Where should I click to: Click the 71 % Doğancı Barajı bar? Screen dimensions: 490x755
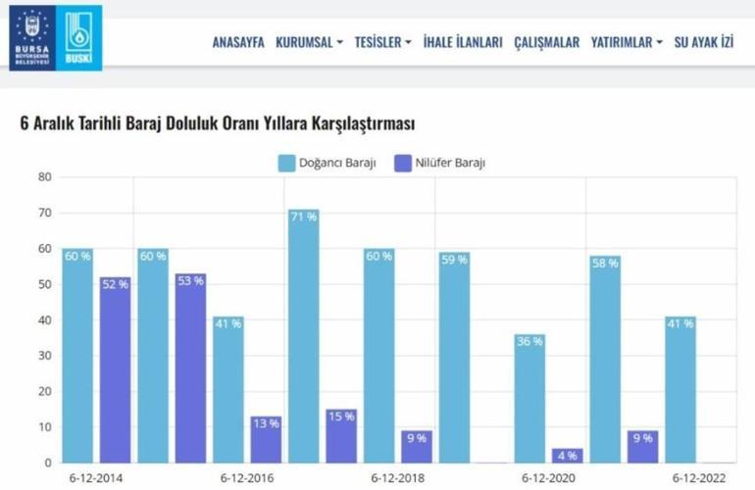[x=303, y=335]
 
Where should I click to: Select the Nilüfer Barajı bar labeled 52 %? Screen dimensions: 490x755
[x=115, y=369]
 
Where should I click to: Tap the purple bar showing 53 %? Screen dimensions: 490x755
[x=190, y=367]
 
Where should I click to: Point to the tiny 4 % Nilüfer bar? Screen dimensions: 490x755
[x=567, y=456]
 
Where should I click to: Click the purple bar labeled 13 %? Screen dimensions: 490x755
[x=265, y=439]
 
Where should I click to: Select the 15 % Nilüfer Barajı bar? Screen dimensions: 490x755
[x=341, y=435]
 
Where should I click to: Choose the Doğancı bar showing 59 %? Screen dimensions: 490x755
[x=454, y=357]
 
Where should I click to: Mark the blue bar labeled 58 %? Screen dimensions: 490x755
[x=605, y=359]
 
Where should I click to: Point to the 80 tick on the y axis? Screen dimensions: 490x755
[x=44, y=177]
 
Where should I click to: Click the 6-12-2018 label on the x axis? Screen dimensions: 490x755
[x=397, y=478]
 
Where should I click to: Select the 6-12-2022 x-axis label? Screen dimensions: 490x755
[x=698, y=478]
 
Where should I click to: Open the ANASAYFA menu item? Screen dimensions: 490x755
[x=238, y=43]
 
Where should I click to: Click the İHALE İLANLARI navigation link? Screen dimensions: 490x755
[x=463, y=43]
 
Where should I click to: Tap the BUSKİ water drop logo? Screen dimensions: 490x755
[x=77, y=37]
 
